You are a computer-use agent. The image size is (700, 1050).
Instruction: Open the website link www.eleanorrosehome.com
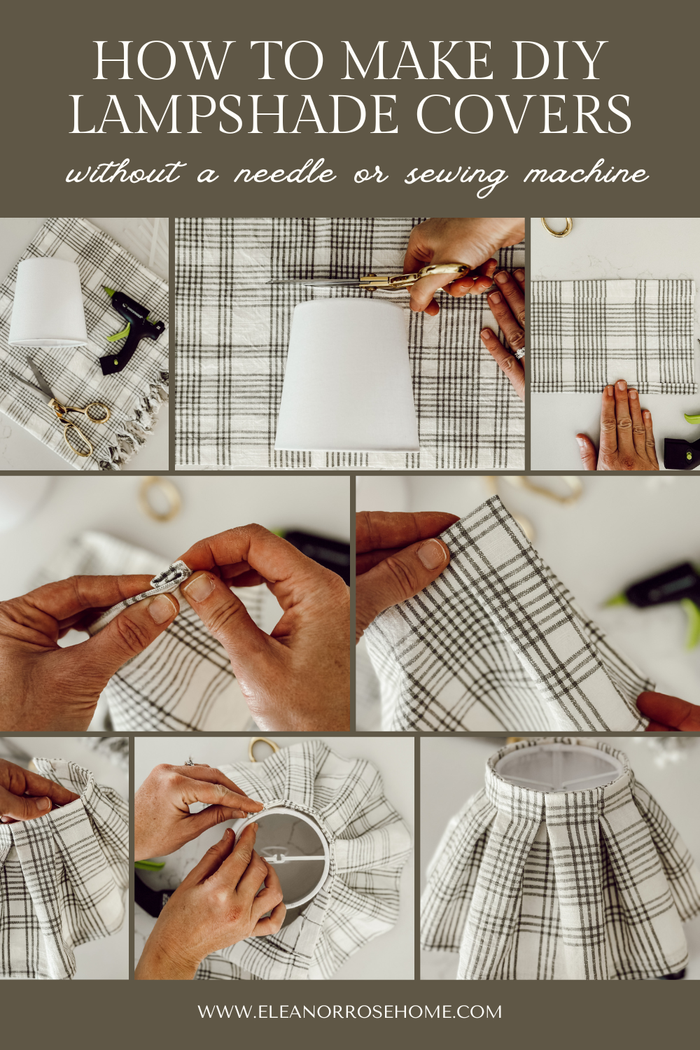[x=349, y=1011]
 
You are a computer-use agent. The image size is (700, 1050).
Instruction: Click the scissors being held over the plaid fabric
[x=371, y=280]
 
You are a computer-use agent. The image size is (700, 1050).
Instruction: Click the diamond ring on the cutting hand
[x=519, y=353]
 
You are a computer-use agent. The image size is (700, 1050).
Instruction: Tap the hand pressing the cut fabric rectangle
[x=620, y=427]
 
